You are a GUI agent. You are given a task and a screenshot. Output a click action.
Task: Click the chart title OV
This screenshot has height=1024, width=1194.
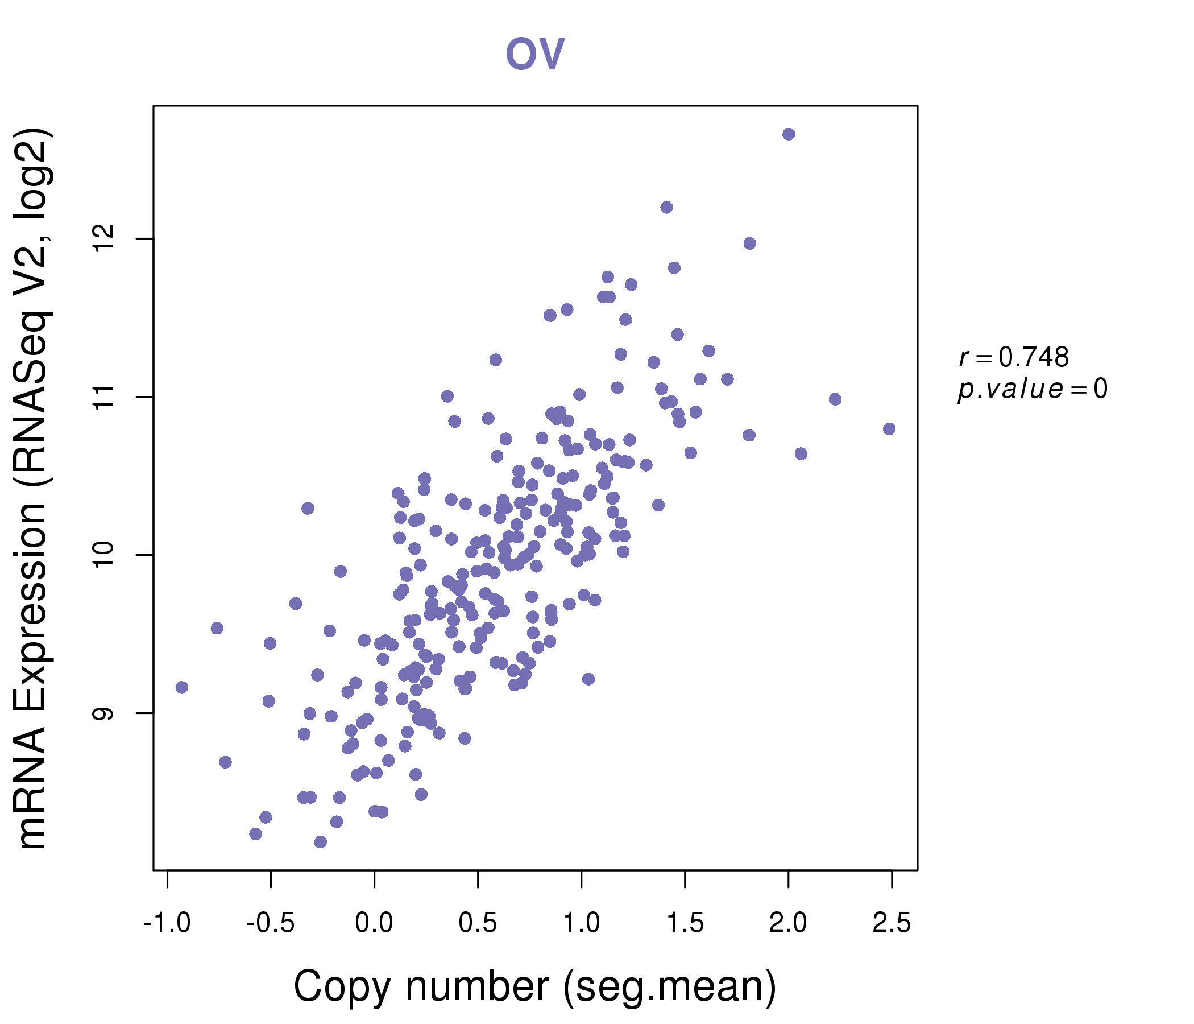535,53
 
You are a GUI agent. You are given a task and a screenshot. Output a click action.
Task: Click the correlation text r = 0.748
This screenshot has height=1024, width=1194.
1014,357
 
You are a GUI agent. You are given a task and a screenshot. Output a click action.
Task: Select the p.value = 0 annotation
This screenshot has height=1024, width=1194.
1032,389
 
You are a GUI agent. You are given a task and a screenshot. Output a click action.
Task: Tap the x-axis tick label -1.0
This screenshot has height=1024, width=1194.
167,923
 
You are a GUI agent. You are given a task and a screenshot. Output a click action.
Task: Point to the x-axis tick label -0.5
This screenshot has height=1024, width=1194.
270,923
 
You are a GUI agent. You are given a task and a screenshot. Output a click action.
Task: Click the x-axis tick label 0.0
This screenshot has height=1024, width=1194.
374,923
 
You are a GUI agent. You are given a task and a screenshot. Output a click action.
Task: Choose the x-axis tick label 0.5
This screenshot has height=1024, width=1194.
478,923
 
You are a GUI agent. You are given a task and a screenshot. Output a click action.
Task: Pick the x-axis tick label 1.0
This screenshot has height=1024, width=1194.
581,923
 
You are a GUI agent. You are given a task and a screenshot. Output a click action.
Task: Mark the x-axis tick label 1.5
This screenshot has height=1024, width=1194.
685,923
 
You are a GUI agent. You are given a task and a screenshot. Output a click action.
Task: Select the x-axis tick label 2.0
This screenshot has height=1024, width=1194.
787,923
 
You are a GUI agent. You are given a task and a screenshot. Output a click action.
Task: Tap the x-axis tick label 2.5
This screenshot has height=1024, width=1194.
892,923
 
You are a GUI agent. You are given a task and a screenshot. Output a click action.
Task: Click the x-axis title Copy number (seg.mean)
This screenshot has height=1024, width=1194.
535,986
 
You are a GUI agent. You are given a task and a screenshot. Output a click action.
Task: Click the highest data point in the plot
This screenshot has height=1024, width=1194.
788,134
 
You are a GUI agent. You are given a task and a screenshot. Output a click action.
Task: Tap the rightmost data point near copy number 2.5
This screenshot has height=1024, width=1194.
889,429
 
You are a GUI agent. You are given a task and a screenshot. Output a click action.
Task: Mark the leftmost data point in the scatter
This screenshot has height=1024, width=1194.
182,687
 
